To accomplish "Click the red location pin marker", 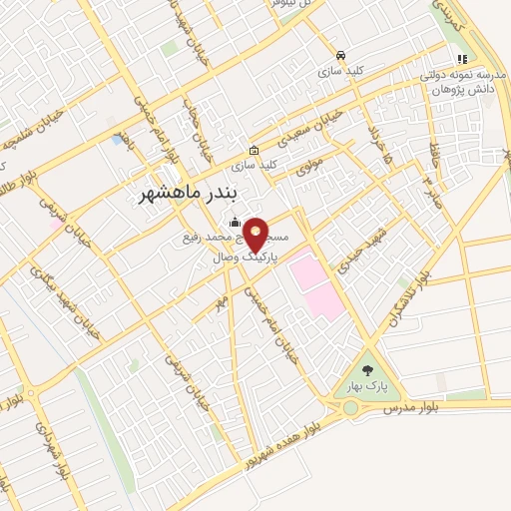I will coord(256,235).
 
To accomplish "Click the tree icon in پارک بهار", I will coord(368,371).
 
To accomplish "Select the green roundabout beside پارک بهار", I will coord(350,407).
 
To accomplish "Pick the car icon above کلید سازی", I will coord(341,56).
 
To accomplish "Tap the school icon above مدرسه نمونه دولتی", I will coord(461,60).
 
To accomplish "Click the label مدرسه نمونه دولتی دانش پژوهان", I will coord(458,83).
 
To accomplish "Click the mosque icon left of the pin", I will coord(234,222).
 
